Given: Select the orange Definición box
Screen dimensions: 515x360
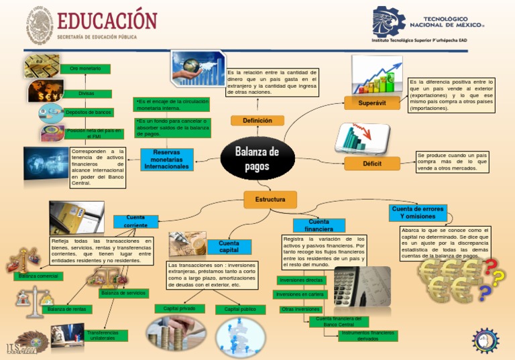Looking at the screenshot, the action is click(257, 121).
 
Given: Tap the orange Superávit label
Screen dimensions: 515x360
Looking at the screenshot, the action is click(371, 103).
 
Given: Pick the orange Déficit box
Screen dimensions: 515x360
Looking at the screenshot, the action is click(371, 163).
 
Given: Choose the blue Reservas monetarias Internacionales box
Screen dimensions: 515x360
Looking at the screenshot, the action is click(167, 160).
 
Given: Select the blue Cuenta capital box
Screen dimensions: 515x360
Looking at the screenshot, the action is click(229, 247).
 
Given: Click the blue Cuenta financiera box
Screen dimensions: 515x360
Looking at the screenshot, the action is click(319, 226).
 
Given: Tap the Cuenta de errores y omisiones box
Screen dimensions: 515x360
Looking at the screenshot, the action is click(418, 213).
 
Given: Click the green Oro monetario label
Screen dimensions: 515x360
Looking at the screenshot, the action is click(85, 69).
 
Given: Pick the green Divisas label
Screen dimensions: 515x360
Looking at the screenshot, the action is click(86, 94).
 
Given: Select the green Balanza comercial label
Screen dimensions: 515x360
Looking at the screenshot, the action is click(38, 276).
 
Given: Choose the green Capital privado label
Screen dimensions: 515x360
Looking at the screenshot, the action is click(180, 308).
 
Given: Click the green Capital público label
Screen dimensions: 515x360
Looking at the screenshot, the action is click(240, 310).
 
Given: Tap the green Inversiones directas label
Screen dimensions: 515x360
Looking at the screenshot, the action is click(301, 280).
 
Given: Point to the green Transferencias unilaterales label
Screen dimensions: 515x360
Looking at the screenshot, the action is click(103, 335).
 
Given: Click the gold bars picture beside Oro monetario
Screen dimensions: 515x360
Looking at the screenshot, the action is click(42, 66).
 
